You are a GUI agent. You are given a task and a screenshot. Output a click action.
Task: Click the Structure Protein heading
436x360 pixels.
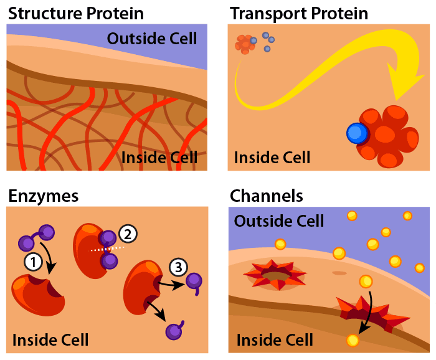click(x=76, y=14)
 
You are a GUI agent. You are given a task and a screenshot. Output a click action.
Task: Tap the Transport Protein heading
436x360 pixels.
click(x=299, y=14)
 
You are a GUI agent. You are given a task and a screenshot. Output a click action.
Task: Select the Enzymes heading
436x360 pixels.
click(x=44, y=196)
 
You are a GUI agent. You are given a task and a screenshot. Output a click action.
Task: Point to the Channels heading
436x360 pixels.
click(x=266, y=196)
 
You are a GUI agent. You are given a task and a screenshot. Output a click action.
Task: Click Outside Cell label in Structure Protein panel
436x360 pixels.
click(x=152, y=39)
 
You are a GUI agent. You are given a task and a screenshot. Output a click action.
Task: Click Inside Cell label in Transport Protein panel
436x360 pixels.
click(x=272, y=158)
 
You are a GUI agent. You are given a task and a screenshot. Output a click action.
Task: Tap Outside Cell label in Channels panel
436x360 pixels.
click(x=279, y=221)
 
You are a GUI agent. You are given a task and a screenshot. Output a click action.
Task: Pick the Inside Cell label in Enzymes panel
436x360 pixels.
click(x=50, y=339)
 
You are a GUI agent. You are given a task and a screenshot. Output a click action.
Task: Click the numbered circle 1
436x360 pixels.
click(x=33, y=262)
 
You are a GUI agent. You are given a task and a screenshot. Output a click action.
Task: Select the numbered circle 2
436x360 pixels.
click(x=128, y=234)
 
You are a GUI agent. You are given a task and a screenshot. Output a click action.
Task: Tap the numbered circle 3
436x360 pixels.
click(x=178, y=267)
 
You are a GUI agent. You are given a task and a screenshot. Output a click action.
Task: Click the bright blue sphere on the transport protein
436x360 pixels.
click(x=357, y=133)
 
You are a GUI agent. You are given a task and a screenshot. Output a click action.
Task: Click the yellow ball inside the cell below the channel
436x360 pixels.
click(x=353, y=340)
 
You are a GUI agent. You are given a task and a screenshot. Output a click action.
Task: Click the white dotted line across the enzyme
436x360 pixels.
click(x=108, y=249)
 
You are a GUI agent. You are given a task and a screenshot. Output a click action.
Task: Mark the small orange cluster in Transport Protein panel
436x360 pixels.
click(x=245, y=44)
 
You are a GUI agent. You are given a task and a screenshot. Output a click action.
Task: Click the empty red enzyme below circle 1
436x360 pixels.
click(x=38, y=295)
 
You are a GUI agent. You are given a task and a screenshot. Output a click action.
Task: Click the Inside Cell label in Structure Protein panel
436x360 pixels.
click(x=159, y=158)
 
